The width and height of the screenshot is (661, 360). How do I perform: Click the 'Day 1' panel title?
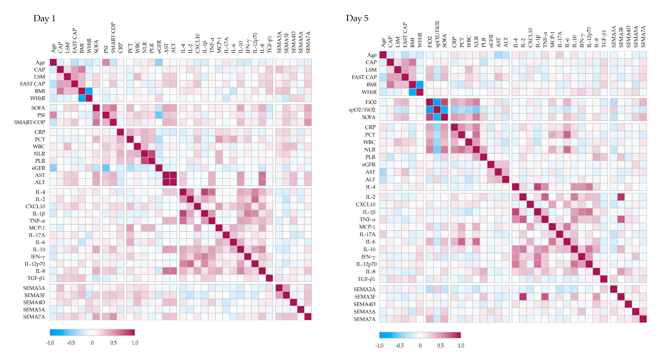coord(44,19)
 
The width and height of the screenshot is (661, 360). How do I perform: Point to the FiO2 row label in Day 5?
coord(371,102)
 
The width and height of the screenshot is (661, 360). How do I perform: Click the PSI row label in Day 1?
coord(41,115)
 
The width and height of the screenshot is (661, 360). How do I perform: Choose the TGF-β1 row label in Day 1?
coord(36,278)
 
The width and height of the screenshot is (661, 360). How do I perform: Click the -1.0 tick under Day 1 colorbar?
coord(50,343)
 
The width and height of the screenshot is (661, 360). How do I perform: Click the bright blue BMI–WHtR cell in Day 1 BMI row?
coord(89,91)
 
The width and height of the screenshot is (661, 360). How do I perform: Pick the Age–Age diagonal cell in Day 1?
coord(53,62)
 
